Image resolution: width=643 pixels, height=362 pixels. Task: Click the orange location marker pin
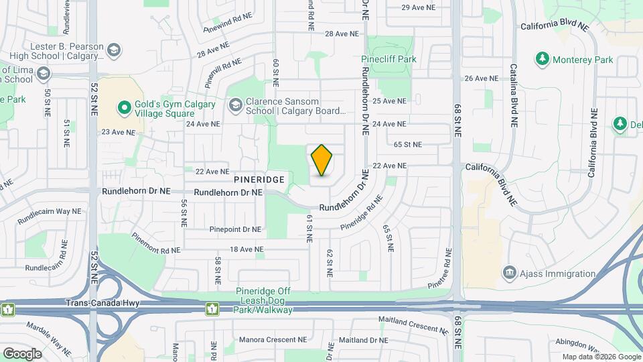322,160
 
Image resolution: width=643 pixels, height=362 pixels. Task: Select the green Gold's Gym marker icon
124,107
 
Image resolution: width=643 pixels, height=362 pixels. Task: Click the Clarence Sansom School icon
235,105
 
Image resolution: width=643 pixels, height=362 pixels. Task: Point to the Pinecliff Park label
388,59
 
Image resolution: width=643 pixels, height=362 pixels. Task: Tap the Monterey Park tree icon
543,60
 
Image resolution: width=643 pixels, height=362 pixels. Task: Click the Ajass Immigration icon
509,273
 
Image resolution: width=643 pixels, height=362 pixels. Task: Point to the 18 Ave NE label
247,249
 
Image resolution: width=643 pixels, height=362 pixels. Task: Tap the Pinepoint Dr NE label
234,229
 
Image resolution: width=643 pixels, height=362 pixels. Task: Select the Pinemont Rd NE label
156,243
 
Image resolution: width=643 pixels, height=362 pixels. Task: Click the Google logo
22,353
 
